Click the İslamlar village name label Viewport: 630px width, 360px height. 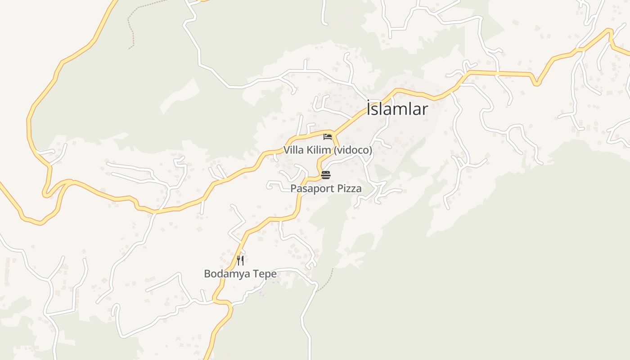tap(397, 108)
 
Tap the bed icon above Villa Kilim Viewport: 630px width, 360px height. tap(327, 137)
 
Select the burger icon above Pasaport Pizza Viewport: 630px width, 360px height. tap(326, 175)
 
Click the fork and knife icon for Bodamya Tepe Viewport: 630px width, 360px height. tap(240, 260)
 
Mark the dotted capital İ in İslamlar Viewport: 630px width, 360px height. tap(369, 108)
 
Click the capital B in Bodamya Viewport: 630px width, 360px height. tap(207, 274)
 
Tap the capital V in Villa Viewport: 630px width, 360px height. tap(286, 150)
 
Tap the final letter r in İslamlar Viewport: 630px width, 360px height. tap(425, 109)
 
